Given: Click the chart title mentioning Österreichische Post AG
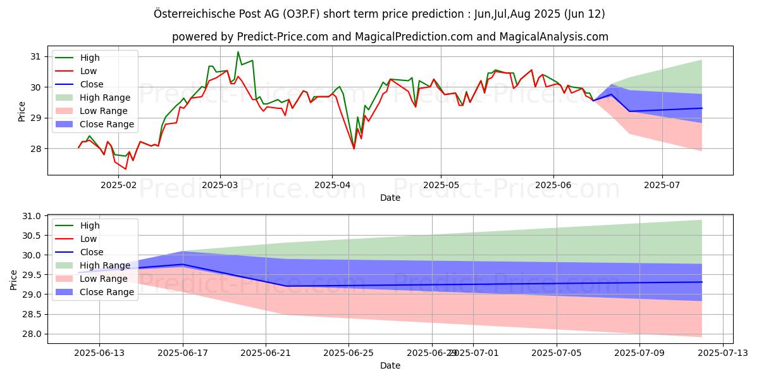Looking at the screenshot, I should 379,13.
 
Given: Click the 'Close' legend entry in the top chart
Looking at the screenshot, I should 92,84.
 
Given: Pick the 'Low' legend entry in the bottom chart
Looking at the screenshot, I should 89,239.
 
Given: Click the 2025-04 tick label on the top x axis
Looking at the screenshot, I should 332,185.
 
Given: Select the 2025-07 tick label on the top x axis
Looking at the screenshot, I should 662,185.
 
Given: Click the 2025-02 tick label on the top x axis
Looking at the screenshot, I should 118,185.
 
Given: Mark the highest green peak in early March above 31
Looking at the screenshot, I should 238,52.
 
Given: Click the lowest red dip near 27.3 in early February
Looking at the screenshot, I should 125,169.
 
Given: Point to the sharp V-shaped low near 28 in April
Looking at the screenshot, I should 354,149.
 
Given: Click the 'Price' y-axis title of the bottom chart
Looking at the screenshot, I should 14,279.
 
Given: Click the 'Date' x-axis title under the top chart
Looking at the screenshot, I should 390,198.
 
